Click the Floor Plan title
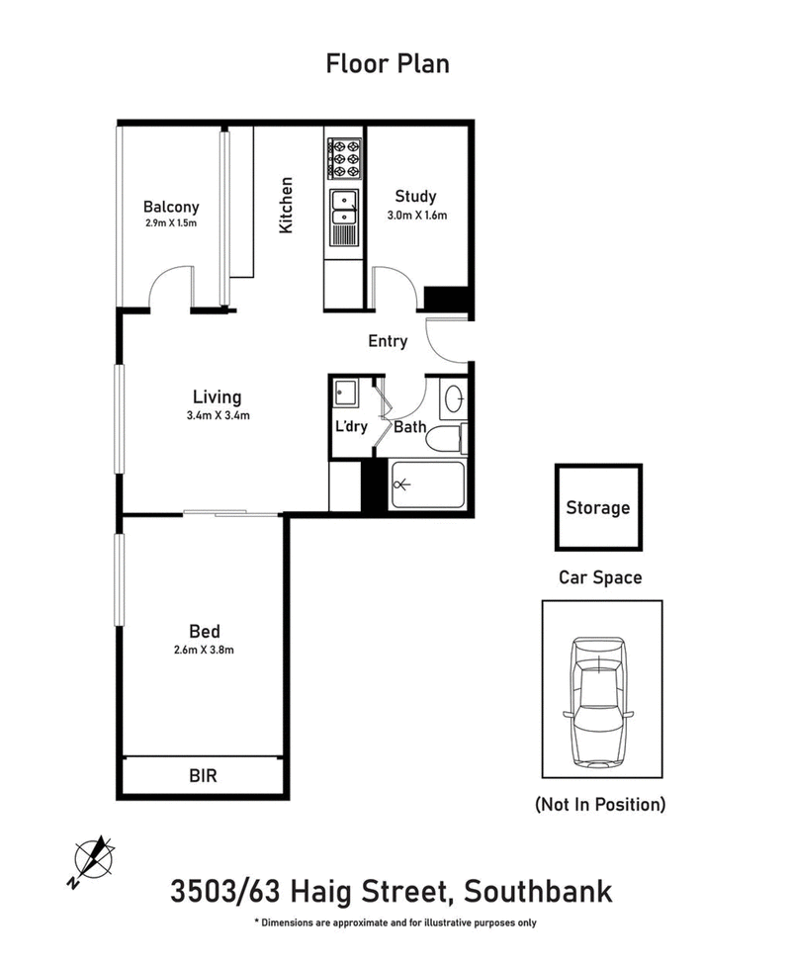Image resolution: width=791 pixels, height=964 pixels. tap(388, 64)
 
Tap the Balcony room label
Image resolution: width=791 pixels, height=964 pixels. tap(171, 208)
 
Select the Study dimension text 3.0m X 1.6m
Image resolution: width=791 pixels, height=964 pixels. tap(415, 215)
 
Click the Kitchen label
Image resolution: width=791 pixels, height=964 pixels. tap(287, 205)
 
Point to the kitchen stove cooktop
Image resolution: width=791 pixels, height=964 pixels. tap(345, 158)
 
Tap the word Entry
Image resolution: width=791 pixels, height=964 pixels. tap(388, 341)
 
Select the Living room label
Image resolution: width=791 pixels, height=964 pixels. tap(218, 397)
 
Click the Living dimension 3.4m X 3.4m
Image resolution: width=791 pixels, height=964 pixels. tap(218, 415)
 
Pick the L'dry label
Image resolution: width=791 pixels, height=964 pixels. tap(351, 427)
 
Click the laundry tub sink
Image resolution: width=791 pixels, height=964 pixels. tap(346, 394)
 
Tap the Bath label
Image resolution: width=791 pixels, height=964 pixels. tap(409, 428)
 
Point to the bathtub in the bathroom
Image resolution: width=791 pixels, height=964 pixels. tap(427, 484)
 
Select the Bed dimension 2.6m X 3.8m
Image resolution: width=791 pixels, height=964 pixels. tap(204, 650)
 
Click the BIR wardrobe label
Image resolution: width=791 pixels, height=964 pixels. tap(203, 776)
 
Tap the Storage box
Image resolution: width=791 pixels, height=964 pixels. tap(597, 508)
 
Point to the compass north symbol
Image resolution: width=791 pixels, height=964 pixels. tap(94, 857)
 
